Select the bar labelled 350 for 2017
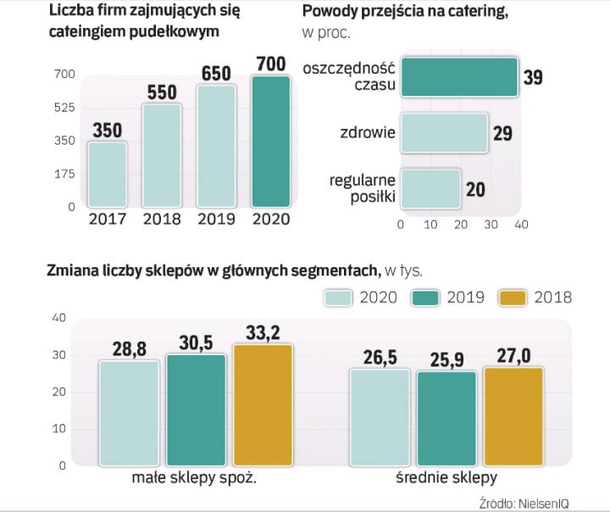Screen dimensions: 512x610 pyautogui.click(x=107, y=175)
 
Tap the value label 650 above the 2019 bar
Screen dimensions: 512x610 pyautogui.click(x=216, y=74)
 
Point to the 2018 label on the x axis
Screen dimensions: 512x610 pyautogui.click(x=161, y=219)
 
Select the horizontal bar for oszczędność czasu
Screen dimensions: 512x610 pyautogui.click(x=458, y=77)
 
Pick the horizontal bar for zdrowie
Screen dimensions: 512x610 pyautogui.click(x=444, y=133)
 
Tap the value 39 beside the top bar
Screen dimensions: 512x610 pyautogui.click(x=533, y=78)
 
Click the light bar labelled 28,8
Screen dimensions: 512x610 pyautogui.click(x=129, y=413)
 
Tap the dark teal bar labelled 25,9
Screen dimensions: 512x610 pyautogui.click(x=446, y=418)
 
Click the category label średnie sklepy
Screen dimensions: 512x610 pyautogui.click(x=446, y=477)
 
